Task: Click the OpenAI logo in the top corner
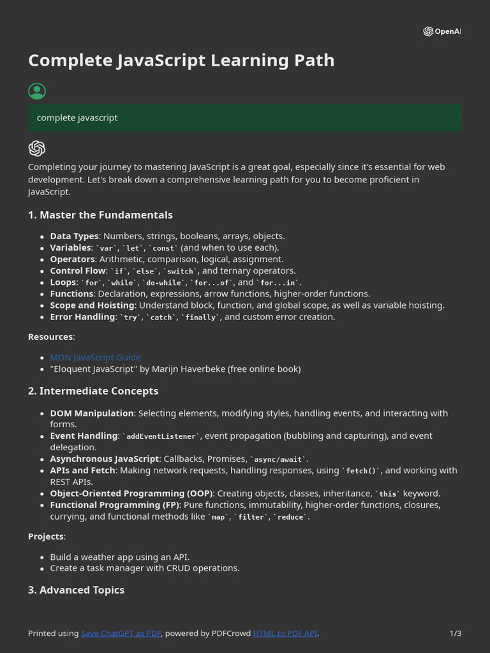click(x=442, y=32)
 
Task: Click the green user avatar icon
click(x=37, y=91)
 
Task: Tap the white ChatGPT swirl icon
click(x=37, y=149)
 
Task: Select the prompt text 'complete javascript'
click(x=77, y=118)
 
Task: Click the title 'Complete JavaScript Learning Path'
click(x=181, y=61)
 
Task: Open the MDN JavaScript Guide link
click(x=96, y=357)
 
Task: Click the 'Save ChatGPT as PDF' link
click(x=121, y=633)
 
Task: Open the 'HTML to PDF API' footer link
click(x=285, y=633)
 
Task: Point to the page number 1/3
click(x=456, y=633)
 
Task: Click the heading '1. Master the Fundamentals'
click(x=100, y=215)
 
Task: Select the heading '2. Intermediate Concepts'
click(x=93, y=391)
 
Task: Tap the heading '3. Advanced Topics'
click(x=76, y=590)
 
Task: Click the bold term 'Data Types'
click(x=75, y=236)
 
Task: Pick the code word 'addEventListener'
click(x=164, y=436)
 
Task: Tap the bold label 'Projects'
click(x=46, y=536)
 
